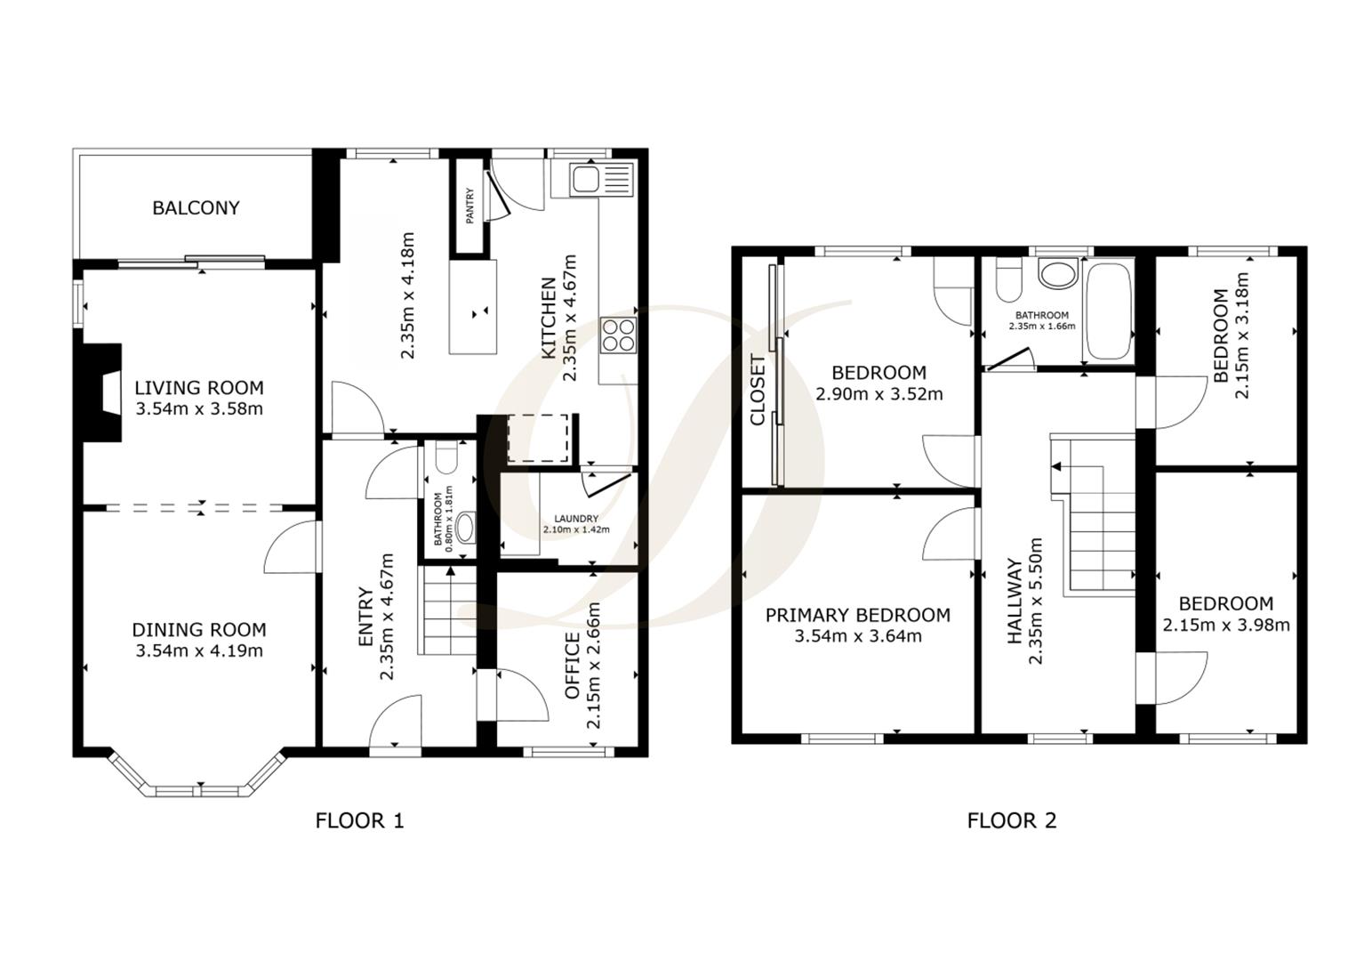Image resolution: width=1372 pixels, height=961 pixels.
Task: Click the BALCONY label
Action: pyautogui.click(x=196, y=207)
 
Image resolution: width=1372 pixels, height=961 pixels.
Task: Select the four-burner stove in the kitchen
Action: pyautogui.click(x=619, y=335)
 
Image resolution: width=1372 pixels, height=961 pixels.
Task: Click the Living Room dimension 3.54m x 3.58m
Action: pyautogui.click(x=199, y=409)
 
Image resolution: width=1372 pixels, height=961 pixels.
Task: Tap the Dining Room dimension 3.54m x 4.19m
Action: pyautogui.click(x=199, y=650)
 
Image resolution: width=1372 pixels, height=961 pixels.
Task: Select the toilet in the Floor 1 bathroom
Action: pyautogui.click(x=447, y=457)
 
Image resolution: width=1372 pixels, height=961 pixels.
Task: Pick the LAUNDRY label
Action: pyautogui.click(x=576, y=519)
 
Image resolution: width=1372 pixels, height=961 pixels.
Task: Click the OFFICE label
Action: pyautogui.click(x=574, y=666)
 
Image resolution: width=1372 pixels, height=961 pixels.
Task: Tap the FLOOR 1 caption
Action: pyautogui.click(x=359, y=820)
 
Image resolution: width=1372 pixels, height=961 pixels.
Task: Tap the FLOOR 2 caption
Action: pyautogui.click(x=1012, y=820)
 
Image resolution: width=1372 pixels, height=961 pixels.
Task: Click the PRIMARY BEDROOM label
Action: pyautogui.click(x=857, y=615)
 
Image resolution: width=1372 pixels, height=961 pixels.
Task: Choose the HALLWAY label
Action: pyautogui.click(x=1015, y=602)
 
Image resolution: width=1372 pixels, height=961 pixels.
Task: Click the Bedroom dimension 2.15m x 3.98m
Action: pyautogui.click(x=1225, y=625)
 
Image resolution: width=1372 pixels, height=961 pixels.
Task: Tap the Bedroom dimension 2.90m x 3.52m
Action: pyautogui.click(x=879, y=393)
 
